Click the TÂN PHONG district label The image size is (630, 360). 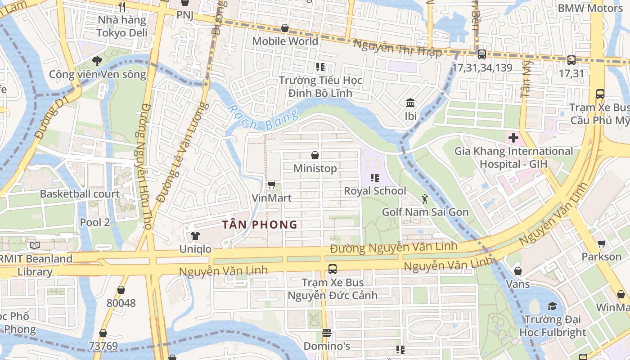tap(260, 225)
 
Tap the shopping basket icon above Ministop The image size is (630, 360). tap(315, 156)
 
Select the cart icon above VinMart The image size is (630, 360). tap(271, 184)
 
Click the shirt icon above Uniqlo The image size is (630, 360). tap(195, 235)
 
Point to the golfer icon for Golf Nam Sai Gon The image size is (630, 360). tap(425, 198)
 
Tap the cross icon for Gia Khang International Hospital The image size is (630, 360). tap(513, 137)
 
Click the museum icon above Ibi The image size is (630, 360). tap(410, 103)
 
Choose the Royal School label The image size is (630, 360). tap(375, 191)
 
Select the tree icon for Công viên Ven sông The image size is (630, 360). tap(97, 61)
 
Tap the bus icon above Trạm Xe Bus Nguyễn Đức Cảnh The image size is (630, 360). tap(333, 269)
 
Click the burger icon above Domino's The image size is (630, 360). tap(327, 333)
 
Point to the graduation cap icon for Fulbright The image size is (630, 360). tap(552, 306)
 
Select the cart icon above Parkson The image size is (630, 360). tap(601, 243)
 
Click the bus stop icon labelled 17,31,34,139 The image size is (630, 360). tap(481, 54)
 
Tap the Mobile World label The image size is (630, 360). tap(285, 41)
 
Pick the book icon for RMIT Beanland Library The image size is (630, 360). tap(35, 245)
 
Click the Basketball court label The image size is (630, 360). tap(80, 194)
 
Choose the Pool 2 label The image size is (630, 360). tap(94, 222)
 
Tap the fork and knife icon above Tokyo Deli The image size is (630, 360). tap(121, 6)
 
